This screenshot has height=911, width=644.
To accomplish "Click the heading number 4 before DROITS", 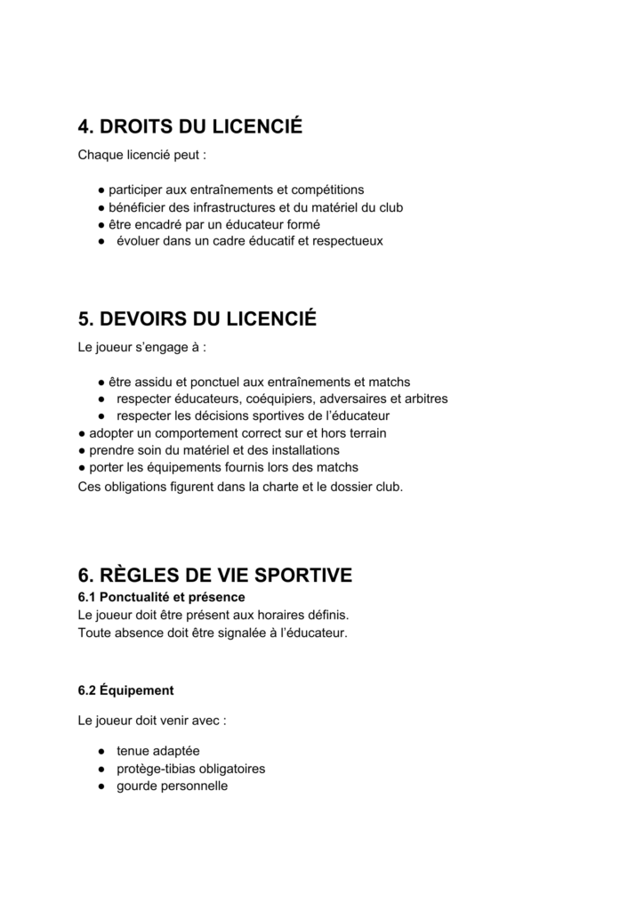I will (86, 127).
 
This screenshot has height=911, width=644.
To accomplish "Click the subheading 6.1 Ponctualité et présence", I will (161, 596).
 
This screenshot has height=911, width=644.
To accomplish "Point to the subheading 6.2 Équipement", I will (125, 690).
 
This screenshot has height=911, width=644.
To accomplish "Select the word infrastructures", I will (228, 207).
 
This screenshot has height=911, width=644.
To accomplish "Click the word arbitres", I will (427, 399).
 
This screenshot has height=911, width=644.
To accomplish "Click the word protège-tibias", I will (157, 769).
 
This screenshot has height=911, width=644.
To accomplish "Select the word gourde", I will (137, 786).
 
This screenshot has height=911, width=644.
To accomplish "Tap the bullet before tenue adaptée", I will (102, 752).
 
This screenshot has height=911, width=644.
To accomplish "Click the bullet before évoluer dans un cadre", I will (102, 242).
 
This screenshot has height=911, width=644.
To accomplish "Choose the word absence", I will (136, 633).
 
